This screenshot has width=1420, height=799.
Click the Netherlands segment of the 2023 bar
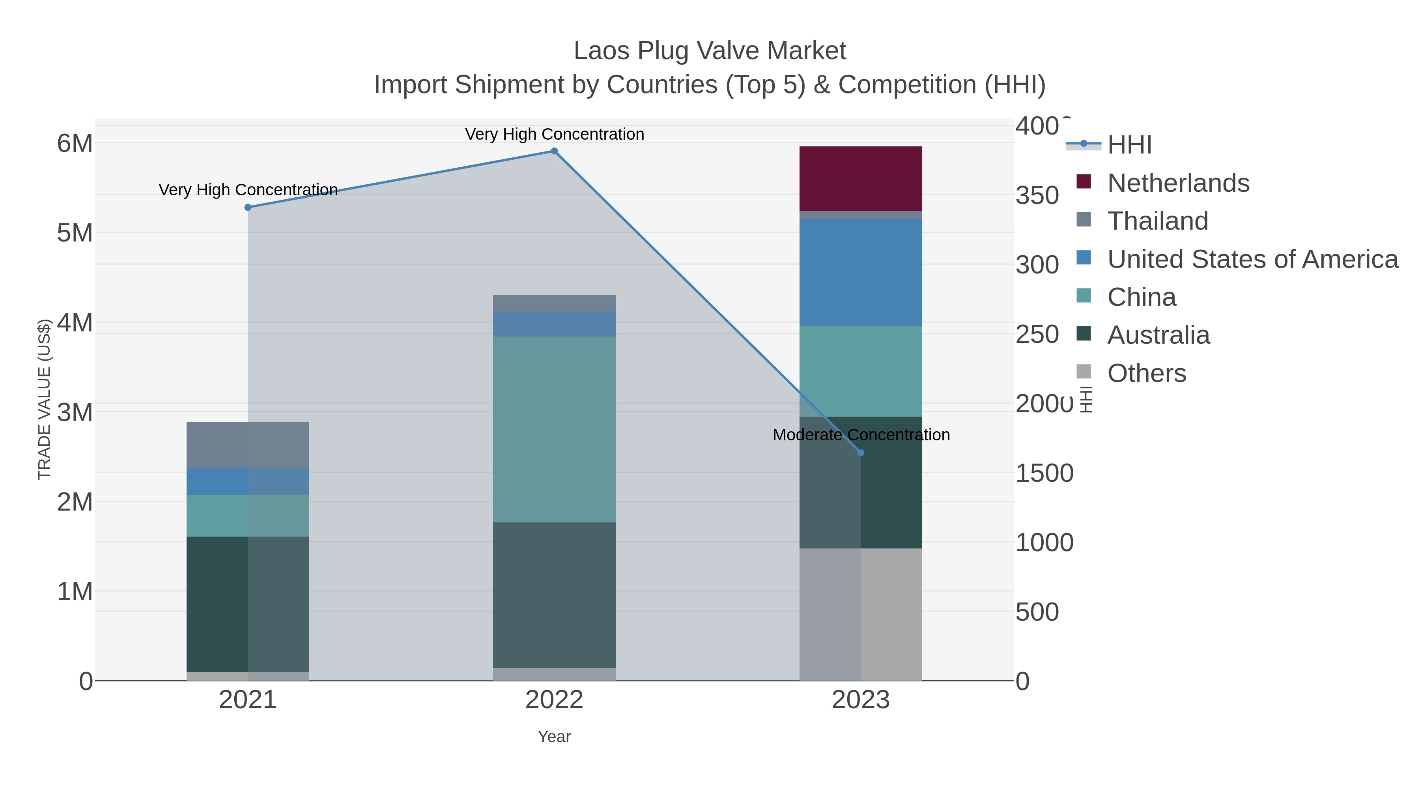(x=861, y=179)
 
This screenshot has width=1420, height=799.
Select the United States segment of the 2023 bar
(x=861, y=272)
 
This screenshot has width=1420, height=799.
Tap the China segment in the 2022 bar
(x=554, y=429)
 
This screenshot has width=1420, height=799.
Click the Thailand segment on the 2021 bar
(x=247, y=444)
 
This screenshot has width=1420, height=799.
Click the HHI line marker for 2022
(x=554, y=151)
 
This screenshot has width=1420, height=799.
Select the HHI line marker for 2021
(x=247, y=207)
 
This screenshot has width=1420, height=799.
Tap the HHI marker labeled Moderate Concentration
(x=861, y=453)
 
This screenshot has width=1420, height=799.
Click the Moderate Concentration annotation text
(x=861, y=435)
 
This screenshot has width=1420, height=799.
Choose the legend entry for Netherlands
(x=1178, y=183)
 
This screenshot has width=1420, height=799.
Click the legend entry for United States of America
(x=1252, y=259)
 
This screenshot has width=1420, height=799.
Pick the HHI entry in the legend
(x=1129, y=145)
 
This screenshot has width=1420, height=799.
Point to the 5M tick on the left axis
(x=75, y=233)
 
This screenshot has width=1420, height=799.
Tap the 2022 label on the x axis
(x=554, y=700)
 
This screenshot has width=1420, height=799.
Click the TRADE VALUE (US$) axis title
(x=44, y=399)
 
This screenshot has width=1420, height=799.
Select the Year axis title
(x=554, y=737)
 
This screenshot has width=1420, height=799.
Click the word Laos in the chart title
(x=602, y=51)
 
